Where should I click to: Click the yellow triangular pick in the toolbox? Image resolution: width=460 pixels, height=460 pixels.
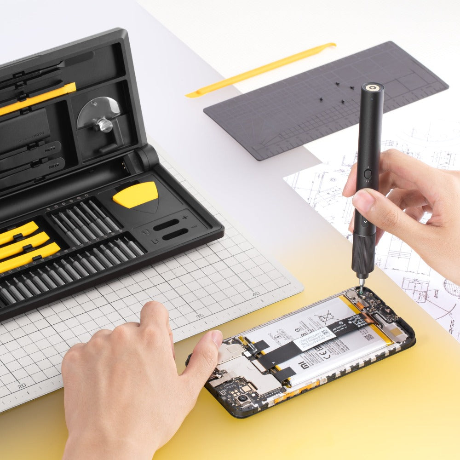coord(136,195)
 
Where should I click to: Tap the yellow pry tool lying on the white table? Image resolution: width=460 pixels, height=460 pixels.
coord(261,70)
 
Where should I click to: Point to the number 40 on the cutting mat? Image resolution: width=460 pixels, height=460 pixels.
coord(255,293)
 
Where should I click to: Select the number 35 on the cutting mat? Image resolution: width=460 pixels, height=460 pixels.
coord(200,316)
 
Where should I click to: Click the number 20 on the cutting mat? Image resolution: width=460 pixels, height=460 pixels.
coord(21,386)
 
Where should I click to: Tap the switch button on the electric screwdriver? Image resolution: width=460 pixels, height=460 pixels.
coord(367,174)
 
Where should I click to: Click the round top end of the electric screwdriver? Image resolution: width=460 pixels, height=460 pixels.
coord(373,87)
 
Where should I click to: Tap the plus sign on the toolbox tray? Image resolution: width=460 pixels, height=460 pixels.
coord(185,217)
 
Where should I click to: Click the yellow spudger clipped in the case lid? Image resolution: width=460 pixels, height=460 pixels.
coord(37,98)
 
